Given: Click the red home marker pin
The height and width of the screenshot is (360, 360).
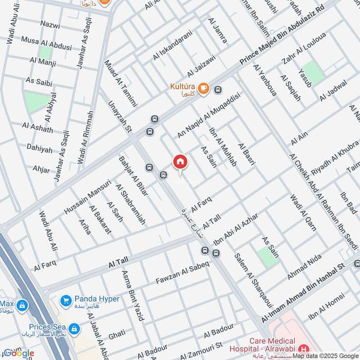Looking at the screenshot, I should [x=180, y=162].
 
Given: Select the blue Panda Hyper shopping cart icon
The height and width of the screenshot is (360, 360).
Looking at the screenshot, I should [x=66, y=300].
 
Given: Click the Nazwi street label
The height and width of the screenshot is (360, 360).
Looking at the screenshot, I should [x=49, y=26].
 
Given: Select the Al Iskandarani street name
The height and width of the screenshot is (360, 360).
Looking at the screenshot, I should [x=172, y=46].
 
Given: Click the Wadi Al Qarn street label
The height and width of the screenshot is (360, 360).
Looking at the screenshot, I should [x=303, y=212].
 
